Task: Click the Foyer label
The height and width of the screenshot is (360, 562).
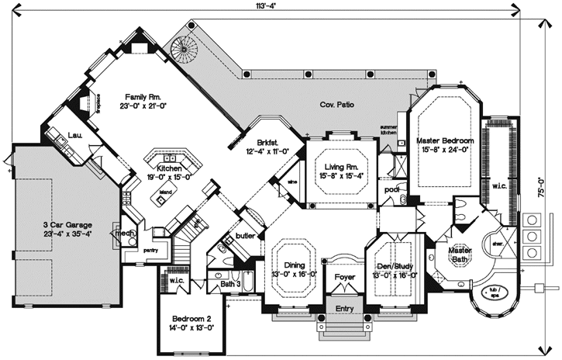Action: tap(344, 276)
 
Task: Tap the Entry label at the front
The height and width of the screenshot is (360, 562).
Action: tap(344, 308)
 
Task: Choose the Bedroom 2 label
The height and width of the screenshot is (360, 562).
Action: tap(187, 319)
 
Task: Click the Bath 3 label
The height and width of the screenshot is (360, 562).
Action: tap(229, 285)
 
